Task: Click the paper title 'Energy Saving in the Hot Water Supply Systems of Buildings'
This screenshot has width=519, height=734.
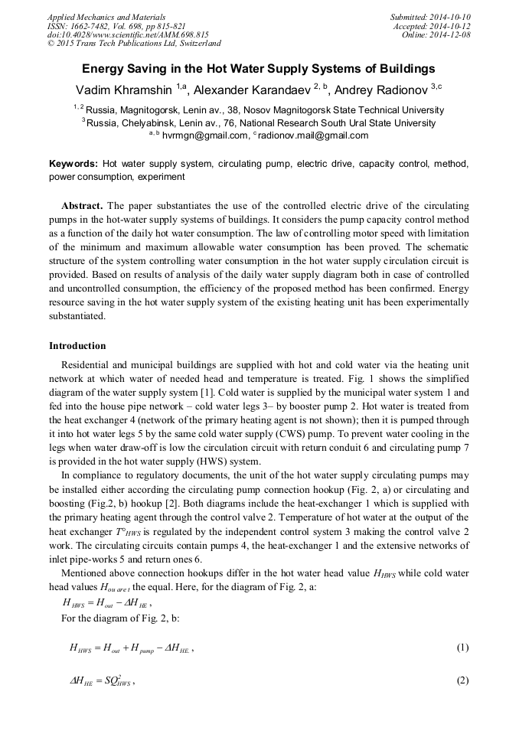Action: (x=259, y=68)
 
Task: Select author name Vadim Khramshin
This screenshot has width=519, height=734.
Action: (x=125, y=88)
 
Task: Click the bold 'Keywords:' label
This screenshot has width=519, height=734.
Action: (x=73, y=164)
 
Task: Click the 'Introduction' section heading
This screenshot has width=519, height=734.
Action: (x=77, y=345)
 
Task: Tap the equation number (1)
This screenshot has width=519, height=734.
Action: (x=462, y=648)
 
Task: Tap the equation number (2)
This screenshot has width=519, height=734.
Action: (x=462, y=680)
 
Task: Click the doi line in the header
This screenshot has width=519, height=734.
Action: (x=128, y=35)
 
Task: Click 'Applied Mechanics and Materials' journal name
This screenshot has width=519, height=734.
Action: (x=106, y=17)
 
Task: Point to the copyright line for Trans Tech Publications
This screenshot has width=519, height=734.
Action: (x=134, y=44)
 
